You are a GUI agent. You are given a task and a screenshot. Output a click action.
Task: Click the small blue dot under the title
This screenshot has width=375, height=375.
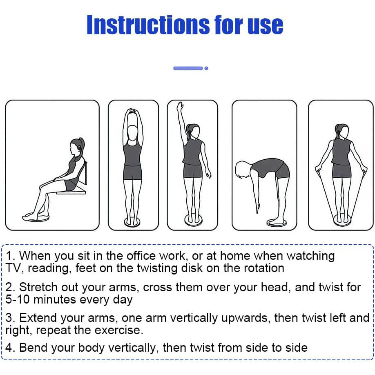click(x=206, y=68)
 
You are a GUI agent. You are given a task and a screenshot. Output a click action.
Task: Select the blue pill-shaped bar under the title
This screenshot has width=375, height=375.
click(x=188, y=68)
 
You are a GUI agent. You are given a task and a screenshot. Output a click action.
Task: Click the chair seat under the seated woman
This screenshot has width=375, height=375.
click(x=71, y=191)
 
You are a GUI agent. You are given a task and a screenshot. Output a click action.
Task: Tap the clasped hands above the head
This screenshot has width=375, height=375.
click(x=132, y=112)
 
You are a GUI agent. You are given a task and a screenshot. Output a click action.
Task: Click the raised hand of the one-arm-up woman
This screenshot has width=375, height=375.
click(x=180, y=106)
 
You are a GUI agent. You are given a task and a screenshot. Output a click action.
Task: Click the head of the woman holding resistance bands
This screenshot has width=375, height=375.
click(x=342, y=131)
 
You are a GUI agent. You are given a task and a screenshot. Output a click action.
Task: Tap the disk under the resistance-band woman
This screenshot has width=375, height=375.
click(x=342, y=220)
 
